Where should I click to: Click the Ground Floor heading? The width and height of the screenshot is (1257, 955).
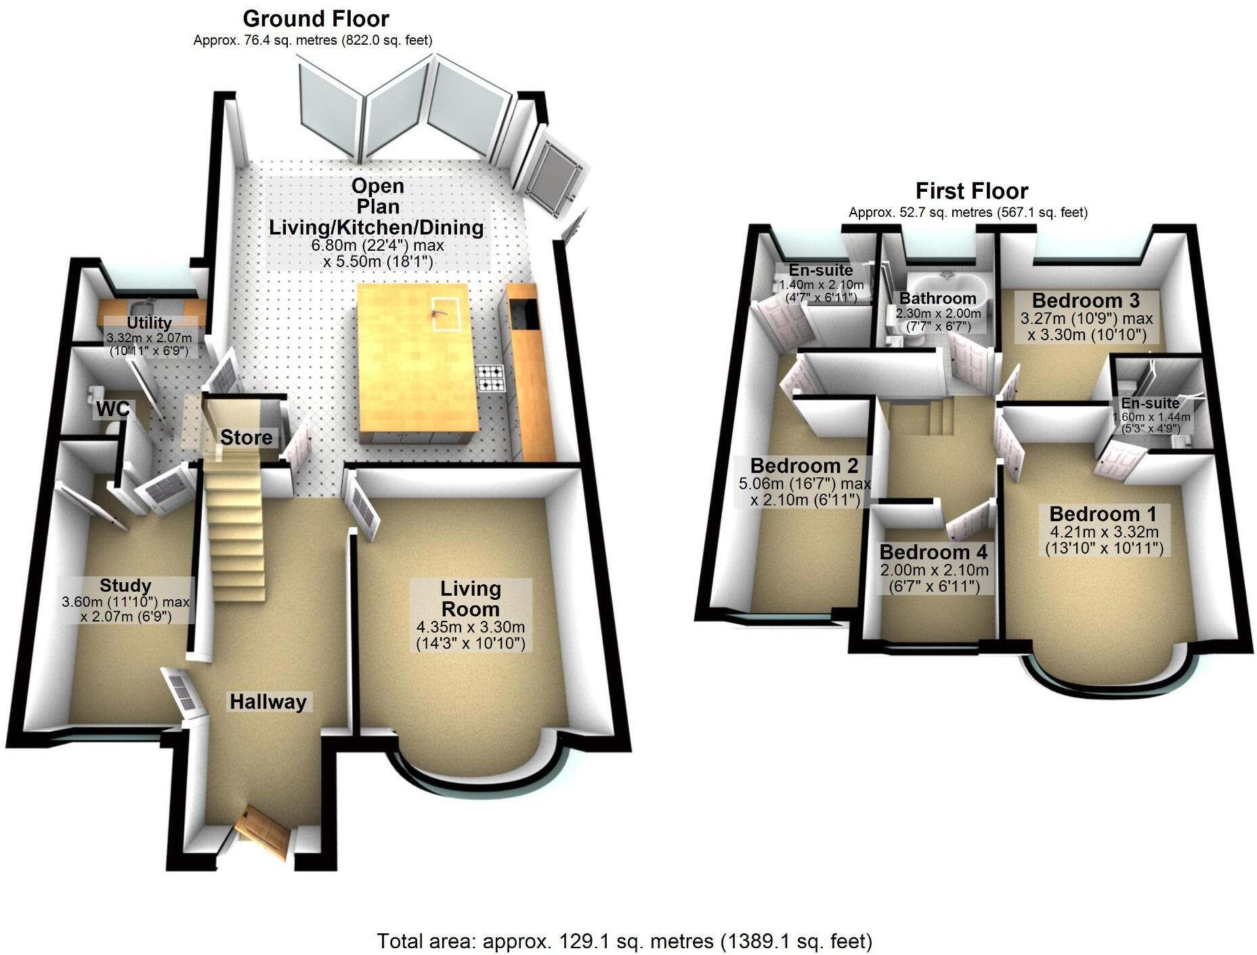(x=316, y=18)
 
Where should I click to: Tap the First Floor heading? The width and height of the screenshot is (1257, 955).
(x=971, y=191)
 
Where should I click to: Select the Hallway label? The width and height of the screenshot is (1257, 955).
(x=268, y=702)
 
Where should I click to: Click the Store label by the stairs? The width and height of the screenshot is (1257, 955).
(x=246, y=437)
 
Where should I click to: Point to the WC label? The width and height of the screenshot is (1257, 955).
(x=113, y=409)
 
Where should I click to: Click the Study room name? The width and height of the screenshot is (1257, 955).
(x=125, y=586)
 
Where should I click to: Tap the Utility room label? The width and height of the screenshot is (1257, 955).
(x=149, y=323)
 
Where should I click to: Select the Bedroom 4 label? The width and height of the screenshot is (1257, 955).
(x=933, y=552)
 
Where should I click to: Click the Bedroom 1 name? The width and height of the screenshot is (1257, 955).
(x=1103, y=514)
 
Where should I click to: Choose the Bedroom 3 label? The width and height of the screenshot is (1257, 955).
(x=1086, y=300)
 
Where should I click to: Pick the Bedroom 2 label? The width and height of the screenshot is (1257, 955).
(x=804, y=466)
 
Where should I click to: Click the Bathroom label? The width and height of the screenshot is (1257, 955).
(x=937, y=298)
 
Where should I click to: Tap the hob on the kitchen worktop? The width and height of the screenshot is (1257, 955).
(x=491, y=378)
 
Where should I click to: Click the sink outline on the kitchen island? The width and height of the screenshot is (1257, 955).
(x=446, y=313)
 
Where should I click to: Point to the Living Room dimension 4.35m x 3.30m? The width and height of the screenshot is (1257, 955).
(x=471, y=628)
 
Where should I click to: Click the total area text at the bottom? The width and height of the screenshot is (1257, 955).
(x=624, y=941)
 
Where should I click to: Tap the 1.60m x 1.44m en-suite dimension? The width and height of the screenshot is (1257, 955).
(x=1150, y=417)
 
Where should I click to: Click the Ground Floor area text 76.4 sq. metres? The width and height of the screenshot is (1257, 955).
(x=312, y=40)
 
